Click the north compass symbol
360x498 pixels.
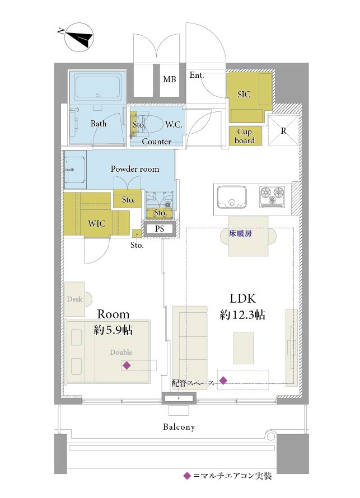pos(79,37)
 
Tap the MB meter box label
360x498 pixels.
pos(169,79)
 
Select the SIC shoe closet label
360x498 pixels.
pos(244,95)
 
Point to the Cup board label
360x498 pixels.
pos(245,136)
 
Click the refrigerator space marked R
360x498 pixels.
pos(283,130)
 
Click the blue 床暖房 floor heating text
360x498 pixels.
pos(240,233)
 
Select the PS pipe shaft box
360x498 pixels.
pos(160,229)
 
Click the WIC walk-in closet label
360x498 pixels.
pos(97,224)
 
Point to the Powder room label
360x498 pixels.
pos(135,169)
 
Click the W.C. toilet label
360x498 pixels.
pos(174,124)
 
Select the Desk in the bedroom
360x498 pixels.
pos(75,299)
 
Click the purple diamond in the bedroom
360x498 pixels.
pos(127,365)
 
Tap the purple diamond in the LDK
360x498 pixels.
pos(223,380)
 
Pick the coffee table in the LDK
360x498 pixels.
pos(244,348)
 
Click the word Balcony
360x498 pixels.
pos(179,427)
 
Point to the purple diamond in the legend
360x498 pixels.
pos(187,476)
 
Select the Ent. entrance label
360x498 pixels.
pos(197,75)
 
